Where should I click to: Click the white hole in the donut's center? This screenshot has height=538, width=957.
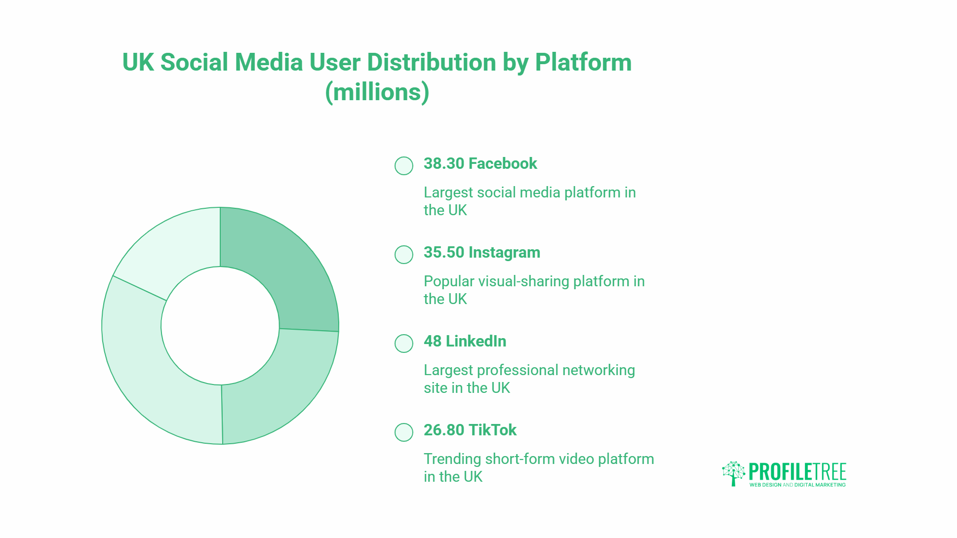point(220,326)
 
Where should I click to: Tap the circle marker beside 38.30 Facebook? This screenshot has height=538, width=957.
point(404,166)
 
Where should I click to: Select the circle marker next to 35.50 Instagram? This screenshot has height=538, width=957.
point(404,255)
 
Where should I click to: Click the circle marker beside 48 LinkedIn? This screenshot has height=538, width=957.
point(404,344)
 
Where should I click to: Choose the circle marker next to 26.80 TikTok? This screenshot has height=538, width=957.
point(404,432)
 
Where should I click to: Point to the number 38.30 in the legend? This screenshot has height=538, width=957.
point(444,163)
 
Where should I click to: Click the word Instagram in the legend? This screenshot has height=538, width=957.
point(504,253)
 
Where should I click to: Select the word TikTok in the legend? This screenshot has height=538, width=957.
point(493,430)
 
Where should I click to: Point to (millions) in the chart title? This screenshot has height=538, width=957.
point(377,92)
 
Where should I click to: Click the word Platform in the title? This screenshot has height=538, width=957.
point(584,62)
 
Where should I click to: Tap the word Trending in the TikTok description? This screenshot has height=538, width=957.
point(452,460)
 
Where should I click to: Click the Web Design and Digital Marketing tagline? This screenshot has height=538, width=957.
point(797,485)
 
